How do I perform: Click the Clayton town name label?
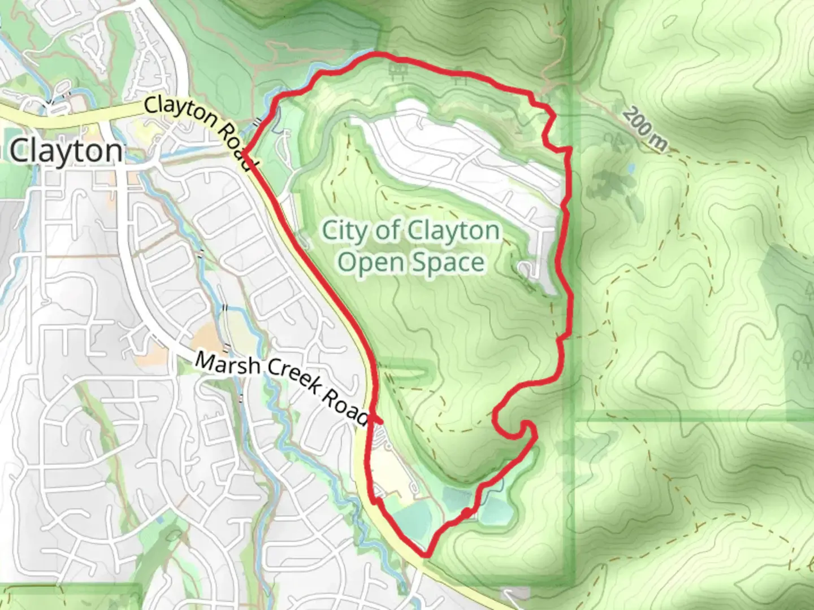[x=66, y=151]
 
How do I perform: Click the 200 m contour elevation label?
[x=645, y=130]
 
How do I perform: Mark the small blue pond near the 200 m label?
[x=630, y=168]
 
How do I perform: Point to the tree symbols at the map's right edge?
[x=802, y=357]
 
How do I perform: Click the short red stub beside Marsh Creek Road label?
[x=377, y=421]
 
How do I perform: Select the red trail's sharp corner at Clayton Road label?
[x=245, y=151]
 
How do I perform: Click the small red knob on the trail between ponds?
[x=466, y=512]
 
